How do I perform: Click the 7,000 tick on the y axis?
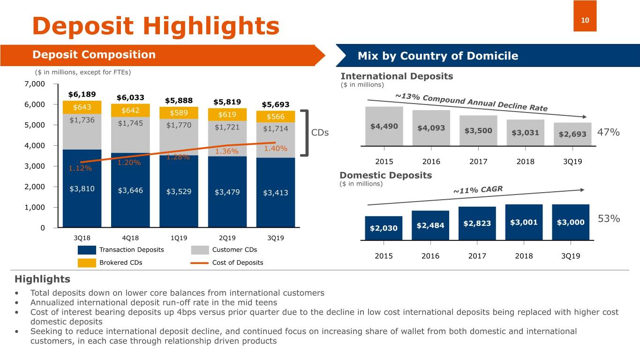tap(35, 84)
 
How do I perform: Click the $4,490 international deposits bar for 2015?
tap(384, 127)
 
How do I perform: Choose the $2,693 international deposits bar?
tap(572, 134)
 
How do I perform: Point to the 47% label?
tap(609, 133)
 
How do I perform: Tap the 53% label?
tap(609, 219)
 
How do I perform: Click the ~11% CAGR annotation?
tap(477, 190)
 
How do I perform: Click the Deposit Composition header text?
tap(94, 55)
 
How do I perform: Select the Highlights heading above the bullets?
tap(42, 279)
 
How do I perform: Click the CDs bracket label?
tap(320, 133)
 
